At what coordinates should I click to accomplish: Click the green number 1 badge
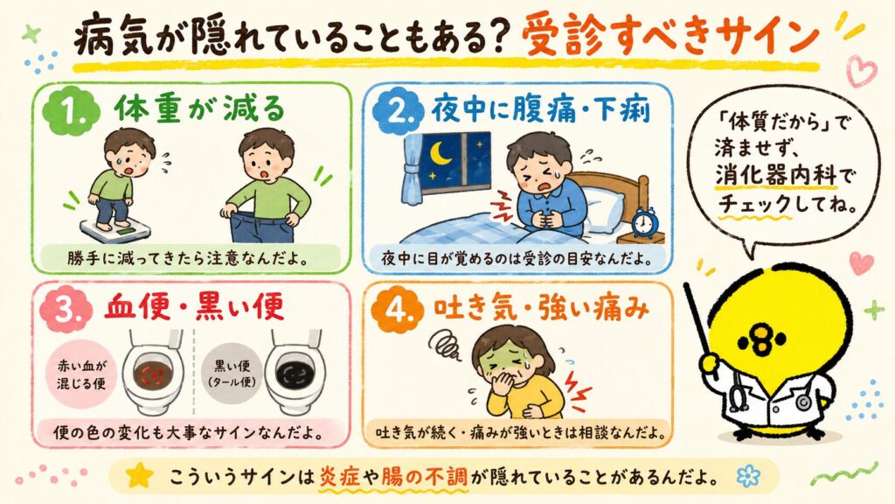(71, 111)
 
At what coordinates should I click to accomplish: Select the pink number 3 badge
(66, 309)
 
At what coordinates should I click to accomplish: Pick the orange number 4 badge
(398, 309)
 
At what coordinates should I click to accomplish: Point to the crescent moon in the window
(440, 153)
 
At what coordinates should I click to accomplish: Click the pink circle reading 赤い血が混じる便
(81, 374)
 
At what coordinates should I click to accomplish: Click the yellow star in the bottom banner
(140, 475)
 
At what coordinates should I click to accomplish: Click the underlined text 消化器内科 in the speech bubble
(776, 175)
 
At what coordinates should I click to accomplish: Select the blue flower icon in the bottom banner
(748, 475)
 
